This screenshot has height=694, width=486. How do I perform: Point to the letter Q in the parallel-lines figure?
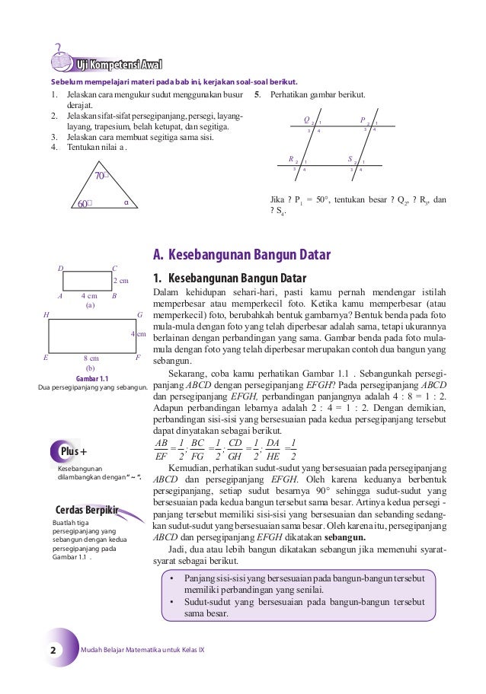pos(306,120)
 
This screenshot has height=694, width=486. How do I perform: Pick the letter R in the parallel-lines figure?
pos(290,160)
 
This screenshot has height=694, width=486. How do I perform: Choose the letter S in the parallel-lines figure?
pos(350,160)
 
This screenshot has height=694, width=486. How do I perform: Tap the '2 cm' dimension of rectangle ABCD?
pos(120,282)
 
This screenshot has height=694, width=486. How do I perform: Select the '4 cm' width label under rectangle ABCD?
pos(89,296)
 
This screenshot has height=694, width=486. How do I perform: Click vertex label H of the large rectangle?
pos(46,315)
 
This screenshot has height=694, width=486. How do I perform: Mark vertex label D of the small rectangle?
pos(61,268)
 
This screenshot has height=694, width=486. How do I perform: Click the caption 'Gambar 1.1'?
pos(92,378)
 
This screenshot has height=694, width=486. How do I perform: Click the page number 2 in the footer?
pos(53,651)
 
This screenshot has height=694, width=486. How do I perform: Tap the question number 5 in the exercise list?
pos(258,96)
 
